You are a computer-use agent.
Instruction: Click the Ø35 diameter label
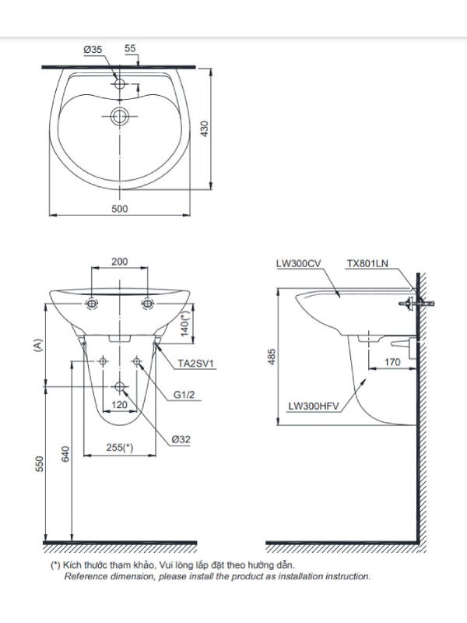pos(93,50)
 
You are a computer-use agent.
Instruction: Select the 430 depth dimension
pos(204,128)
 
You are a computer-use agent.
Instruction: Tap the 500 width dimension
pos(120,209)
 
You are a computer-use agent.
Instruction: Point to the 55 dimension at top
pos(130,48)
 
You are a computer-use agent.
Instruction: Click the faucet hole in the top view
pos(120,84)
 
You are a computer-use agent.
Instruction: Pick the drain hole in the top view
pos(119,116)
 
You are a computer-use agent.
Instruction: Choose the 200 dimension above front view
pos(120,262)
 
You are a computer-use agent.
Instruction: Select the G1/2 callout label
pos(184,395)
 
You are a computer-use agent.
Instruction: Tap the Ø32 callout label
pos(181,439)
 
